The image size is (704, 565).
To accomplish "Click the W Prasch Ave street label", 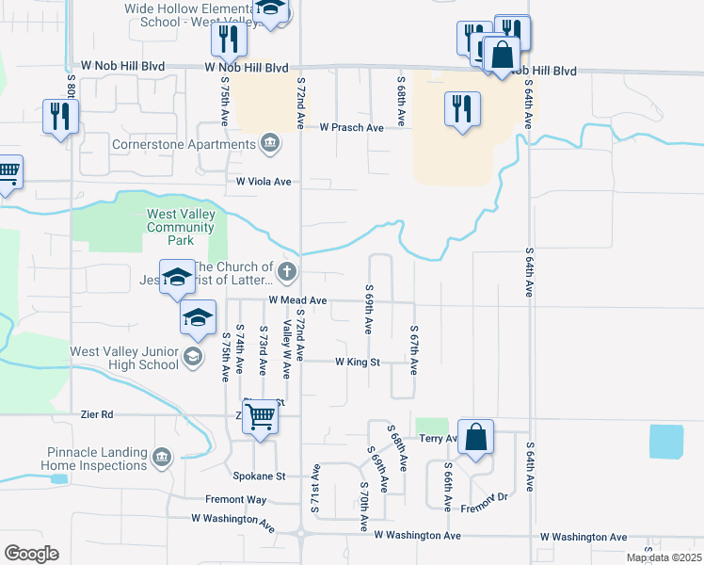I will click(351, 127).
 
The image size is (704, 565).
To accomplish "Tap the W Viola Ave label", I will click(264, 181).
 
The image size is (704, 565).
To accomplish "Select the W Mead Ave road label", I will click(297, 300).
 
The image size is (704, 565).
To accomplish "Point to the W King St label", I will click(358, 362).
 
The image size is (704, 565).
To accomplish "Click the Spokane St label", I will click(266, 476).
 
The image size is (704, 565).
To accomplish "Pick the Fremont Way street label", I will click(236, 499).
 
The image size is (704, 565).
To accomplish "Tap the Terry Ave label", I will click(438, 439).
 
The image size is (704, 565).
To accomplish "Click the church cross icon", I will click(288, 274).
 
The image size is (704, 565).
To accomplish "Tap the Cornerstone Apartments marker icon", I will click(270, 143).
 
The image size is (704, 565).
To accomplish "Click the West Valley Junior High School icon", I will click(192, 355).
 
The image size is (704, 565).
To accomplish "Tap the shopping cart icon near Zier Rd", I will click(260, 415).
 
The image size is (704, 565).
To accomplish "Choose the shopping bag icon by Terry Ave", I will click(476, 436).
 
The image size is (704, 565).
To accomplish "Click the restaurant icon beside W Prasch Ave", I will click(462, 109).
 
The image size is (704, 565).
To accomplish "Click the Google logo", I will click(31, 554).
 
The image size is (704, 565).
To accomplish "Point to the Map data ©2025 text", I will click(664, 557).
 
